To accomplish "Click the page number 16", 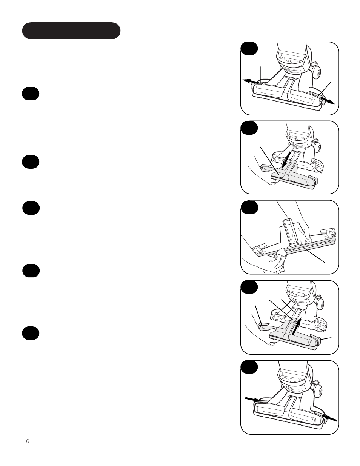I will (26, 441).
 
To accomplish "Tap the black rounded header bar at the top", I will (71, 31).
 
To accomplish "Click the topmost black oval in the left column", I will (31, 94).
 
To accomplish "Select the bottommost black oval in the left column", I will (31, 333).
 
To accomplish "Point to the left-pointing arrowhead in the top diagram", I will (245, 80).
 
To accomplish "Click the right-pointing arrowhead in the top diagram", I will (331, 102).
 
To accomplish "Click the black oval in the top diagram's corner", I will (249, 49).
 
